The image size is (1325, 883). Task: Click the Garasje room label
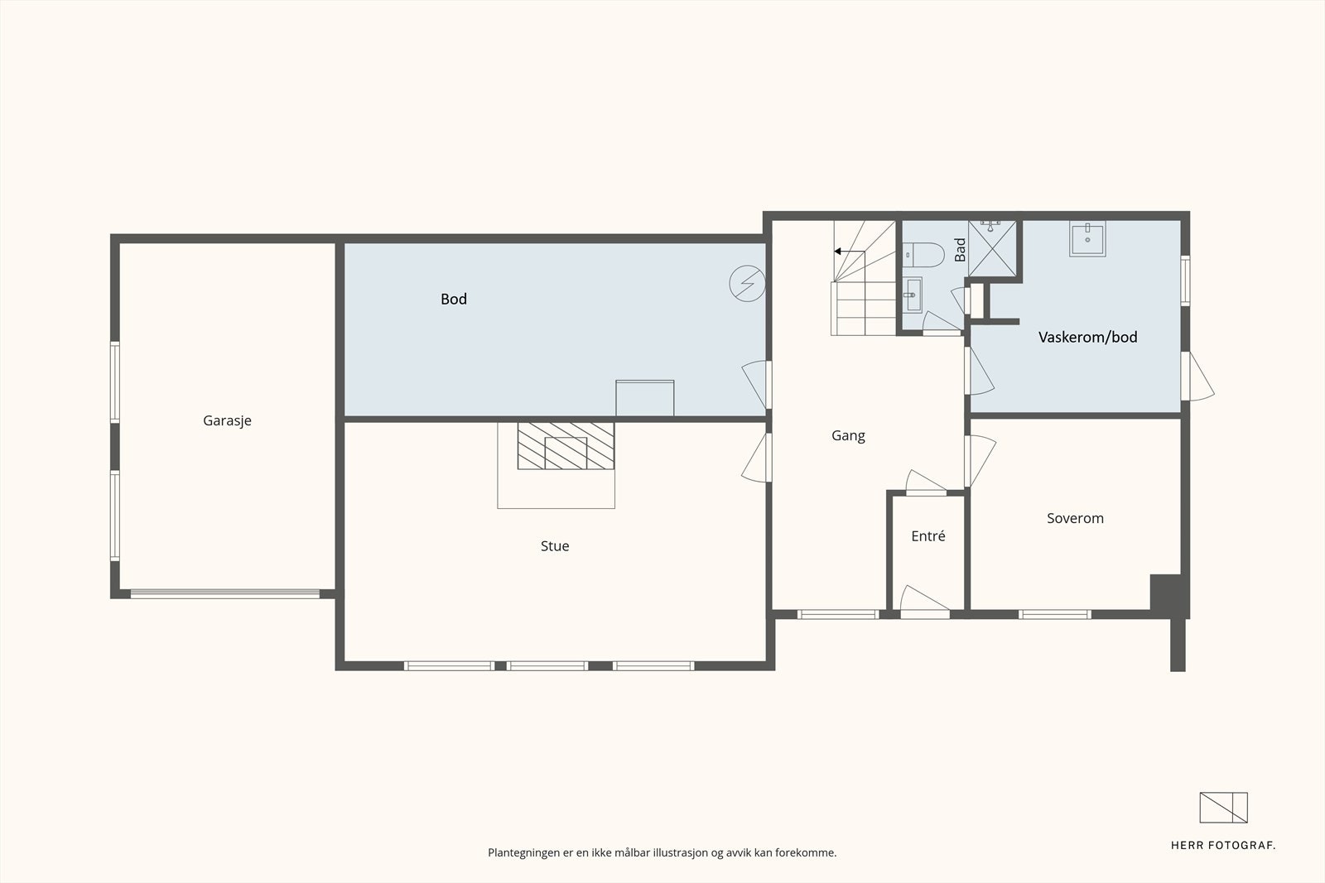click(227, 421)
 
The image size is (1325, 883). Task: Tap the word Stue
click(555, 546)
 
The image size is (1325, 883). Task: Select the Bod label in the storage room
click(454, 299)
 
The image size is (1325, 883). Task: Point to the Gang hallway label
click(848, 436)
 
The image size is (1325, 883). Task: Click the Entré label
click(928, 536)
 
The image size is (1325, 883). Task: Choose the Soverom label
click(1076, 518)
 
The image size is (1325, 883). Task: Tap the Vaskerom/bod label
click(1088, 337)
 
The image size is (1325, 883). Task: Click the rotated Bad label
click(960, 250)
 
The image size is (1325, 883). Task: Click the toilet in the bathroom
click(923, 255)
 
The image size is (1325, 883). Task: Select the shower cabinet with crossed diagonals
click(992, 248)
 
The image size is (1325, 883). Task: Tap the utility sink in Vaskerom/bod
click(1087, 239)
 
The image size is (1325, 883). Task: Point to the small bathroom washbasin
click(912, 295)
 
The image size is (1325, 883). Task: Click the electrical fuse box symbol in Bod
click(747, 284)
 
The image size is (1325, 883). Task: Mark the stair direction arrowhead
click(837, 252)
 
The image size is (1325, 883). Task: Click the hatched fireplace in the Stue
click(566, 445)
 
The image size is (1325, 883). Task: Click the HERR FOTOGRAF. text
click(1223, 846)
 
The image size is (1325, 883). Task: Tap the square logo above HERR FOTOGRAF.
click(1223, 808)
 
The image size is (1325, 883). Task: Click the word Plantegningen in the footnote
click(524, 853)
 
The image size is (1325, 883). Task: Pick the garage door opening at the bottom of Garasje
click(224, 594)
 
